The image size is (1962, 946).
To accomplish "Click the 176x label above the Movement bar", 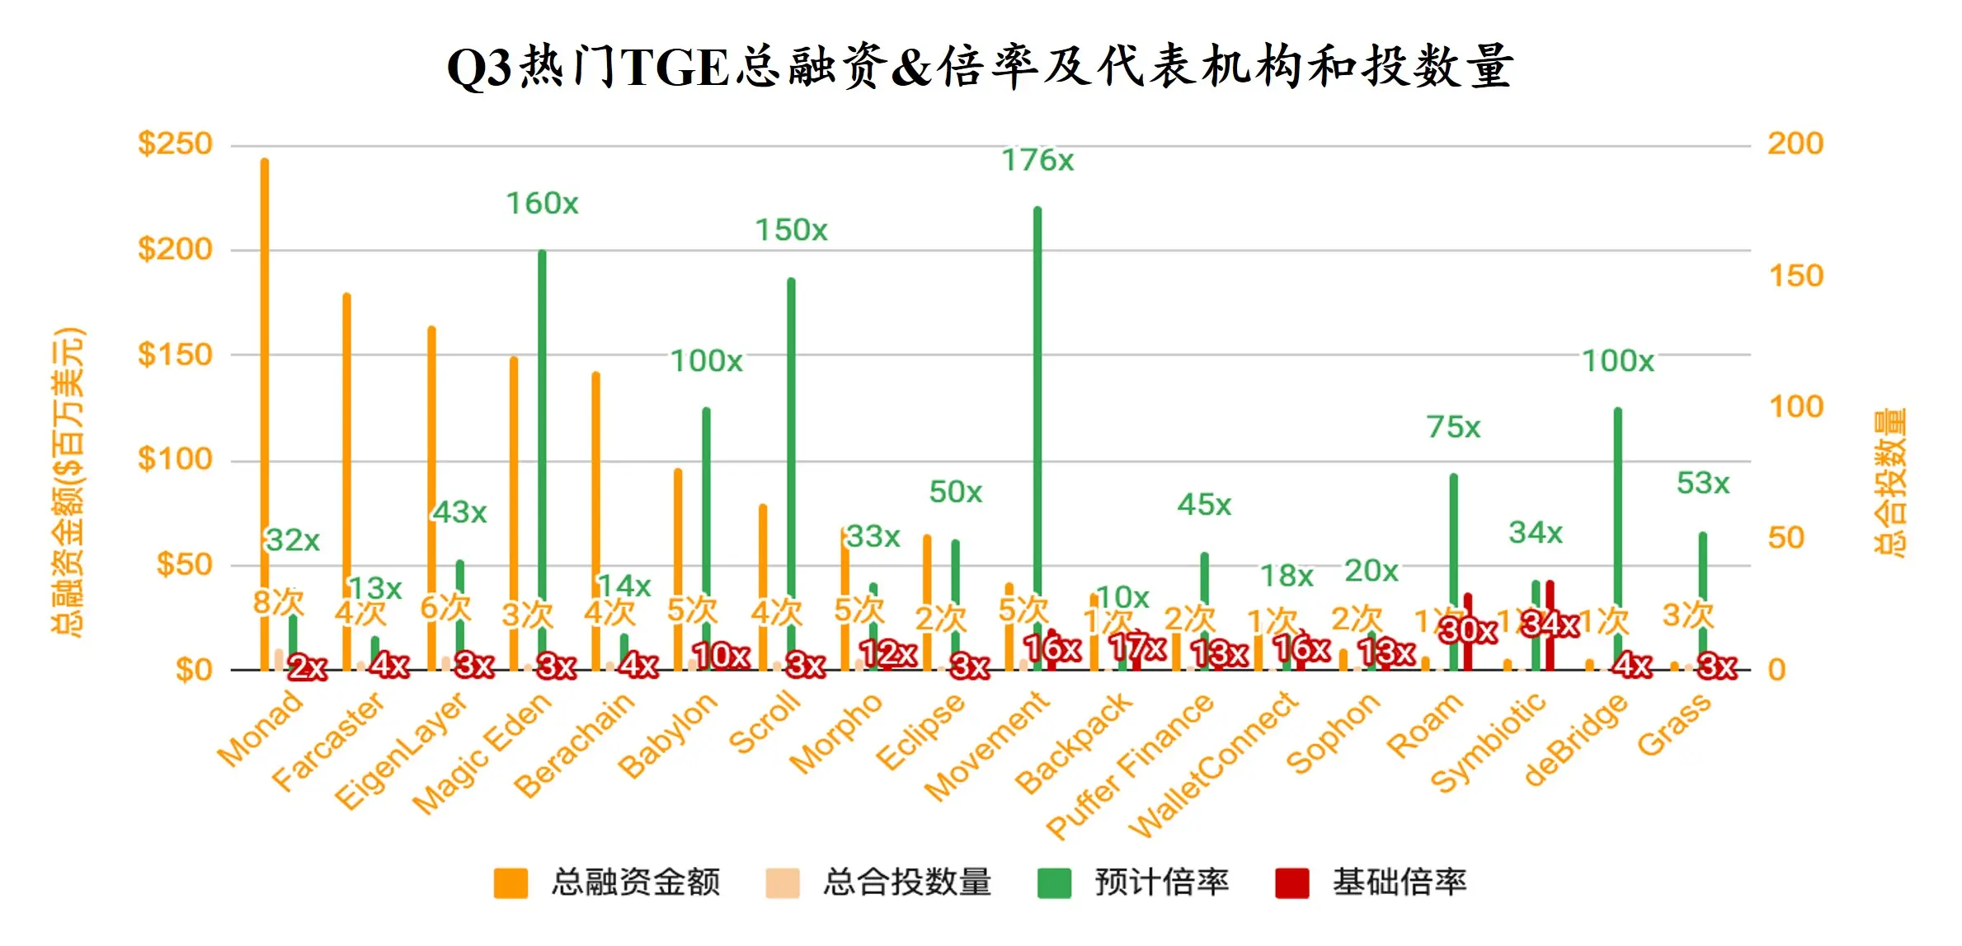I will tap(1037, 160).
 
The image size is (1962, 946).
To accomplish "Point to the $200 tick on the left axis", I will tap(175, 249).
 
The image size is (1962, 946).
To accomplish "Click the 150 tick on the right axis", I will tap(1795, 275).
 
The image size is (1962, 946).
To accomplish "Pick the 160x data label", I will tap(542, 203).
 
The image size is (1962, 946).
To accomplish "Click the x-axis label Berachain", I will tap(575, 744).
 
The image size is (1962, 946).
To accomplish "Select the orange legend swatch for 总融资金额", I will tap(510, 882).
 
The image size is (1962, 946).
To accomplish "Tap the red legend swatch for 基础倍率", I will tap(1292, 882).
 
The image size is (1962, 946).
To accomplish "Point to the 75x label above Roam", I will tap(1453, 427).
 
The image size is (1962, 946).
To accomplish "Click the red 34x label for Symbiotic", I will tap(1550, 624).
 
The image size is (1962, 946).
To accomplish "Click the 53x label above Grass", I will tap(1702, 483).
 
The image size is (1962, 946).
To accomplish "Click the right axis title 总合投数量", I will tap(1889, 482).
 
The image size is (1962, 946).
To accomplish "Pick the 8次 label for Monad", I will tap(278, 603).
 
